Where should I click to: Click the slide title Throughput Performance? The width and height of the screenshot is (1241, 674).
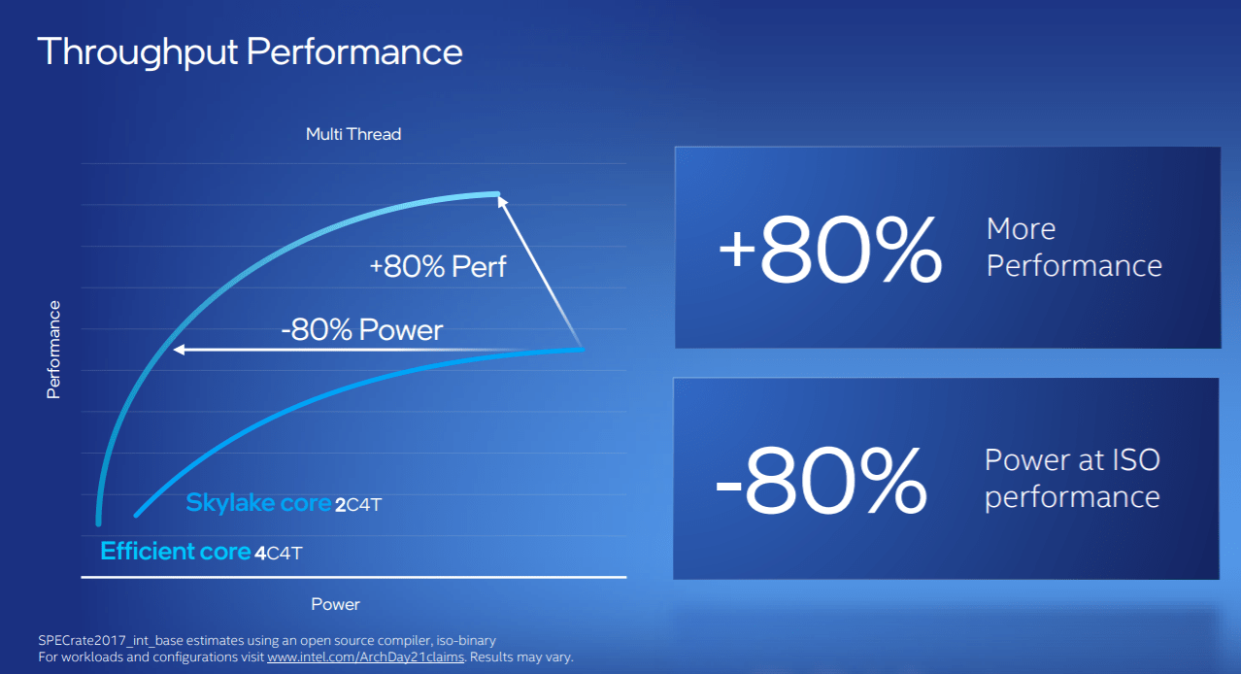point(250,51)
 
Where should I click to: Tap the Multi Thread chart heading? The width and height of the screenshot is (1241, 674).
point(353,134)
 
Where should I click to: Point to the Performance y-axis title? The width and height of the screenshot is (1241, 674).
point(53,350)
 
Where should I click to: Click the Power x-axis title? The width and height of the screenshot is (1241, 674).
point(335,604)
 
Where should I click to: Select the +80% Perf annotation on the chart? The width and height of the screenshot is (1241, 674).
point(437,267)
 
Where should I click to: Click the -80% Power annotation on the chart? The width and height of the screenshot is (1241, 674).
point(361,330)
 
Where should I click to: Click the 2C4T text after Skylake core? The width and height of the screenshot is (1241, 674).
point(366,505)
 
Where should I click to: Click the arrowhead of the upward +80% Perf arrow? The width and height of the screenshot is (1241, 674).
point(500,199)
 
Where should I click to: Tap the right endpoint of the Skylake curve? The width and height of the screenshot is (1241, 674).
point(581,349)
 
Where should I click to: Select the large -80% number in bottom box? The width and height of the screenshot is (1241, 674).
point(821,480)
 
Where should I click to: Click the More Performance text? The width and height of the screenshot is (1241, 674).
point(1073,248)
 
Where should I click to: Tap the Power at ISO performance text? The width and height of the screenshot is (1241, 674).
point(1072,478)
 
